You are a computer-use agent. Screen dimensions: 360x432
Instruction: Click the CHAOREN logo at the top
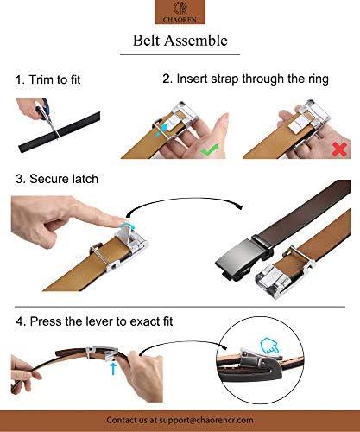pos(180,12)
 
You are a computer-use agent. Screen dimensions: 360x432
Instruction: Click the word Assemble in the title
pos(196,41)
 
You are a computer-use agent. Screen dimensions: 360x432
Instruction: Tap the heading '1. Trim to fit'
pos(48,79)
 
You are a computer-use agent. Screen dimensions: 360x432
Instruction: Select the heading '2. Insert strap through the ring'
pos(245,79)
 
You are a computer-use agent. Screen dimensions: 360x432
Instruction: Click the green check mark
pos(210,149)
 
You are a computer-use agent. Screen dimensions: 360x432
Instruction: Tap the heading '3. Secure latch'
pos(57,179)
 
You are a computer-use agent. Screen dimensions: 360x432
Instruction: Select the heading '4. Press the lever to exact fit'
pos(94,321)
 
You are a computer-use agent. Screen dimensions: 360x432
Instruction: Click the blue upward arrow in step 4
pos(113,369)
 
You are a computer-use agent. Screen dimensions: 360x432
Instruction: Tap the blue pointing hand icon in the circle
pos(269,346)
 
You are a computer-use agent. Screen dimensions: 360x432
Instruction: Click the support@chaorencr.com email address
pos(206,420)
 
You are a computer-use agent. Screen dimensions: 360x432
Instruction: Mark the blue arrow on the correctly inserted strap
pos(161,130)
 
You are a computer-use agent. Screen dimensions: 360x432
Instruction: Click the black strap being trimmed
pos(60,132)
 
